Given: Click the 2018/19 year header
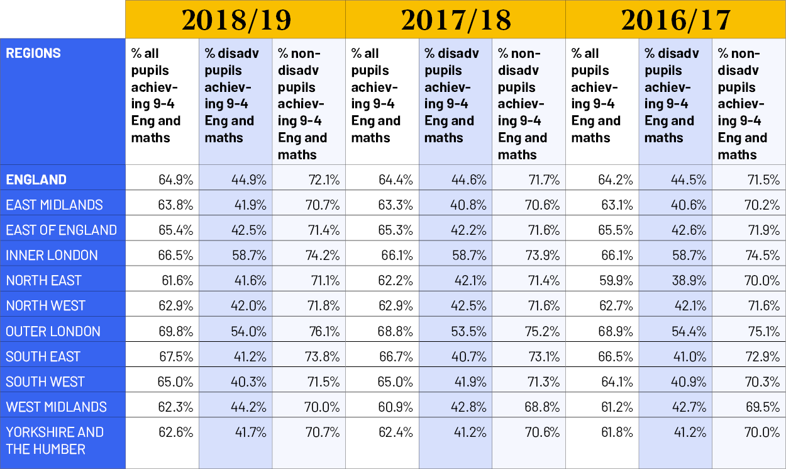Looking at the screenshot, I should click(x=236, y=20).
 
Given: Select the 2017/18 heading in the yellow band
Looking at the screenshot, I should click(x=455, y=20).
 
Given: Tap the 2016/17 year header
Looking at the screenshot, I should click(x=675, y=20).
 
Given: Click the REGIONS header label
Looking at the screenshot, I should click(x=33, y=54).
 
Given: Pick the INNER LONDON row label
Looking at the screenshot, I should click(x=52, y=255).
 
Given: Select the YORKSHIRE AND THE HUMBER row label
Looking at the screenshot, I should click(x=55, y=441).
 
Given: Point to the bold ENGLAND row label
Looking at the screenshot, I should click(x=36, y=179).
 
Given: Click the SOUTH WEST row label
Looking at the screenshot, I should click(x=45, y=381).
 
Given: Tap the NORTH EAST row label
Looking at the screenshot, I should click(x=44, y=280).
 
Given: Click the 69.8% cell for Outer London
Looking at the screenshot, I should click(x=175, y=331).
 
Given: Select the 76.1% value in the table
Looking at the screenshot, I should click(x=323, y=331).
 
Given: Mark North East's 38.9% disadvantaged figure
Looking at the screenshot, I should click(x=689, y=280).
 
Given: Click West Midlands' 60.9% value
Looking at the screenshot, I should click(x=396, y=407).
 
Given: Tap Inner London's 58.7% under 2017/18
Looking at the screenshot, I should click(x=469, y=255).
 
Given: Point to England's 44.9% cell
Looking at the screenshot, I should click(x=249, y=179).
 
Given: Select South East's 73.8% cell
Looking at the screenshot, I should click(x=323, y=356).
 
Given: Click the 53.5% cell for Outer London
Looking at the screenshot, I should click(x=469, y=331).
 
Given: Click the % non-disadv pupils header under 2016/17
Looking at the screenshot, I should click(x=743, y=104).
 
